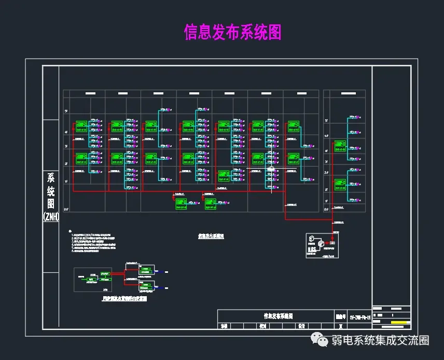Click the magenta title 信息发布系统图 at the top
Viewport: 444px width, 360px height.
[232, 32]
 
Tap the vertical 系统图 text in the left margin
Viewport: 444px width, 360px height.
[50, 191]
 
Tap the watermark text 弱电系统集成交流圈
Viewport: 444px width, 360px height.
[381, 341]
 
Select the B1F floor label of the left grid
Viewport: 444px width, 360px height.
[66, 209]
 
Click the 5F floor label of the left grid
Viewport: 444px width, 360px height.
[66, 112]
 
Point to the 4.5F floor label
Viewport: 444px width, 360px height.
[326, 136]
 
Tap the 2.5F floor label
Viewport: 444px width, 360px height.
[326, 172]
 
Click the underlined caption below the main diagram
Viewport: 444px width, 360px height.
[211, 236]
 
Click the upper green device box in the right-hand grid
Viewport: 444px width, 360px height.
[340, 144]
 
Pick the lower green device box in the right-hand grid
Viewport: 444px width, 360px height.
[340, 183]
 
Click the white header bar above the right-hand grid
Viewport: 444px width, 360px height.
[345, 93]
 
